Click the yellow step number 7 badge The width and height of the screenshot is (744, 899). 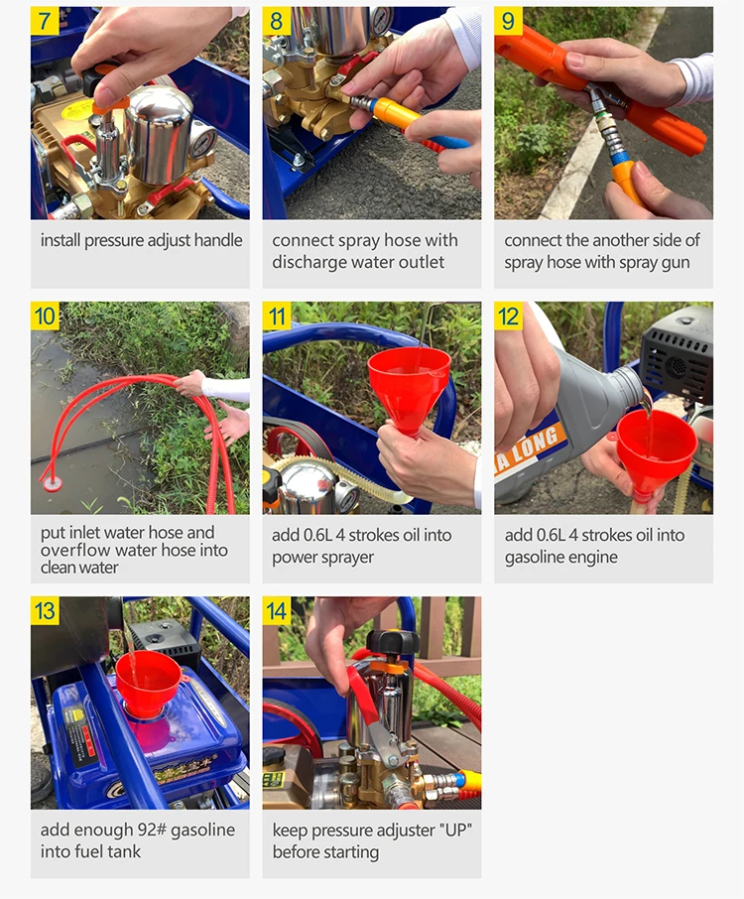pos(45,21)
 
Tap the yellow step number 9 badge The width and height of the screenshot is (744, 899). pos(509,21)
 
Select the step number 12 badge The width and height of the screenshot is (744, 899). pos(509,316)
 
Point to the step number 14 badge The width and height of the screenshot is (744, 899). pos(277,610)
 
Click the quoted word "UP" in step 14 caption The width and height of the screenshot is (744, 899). pos(456,830)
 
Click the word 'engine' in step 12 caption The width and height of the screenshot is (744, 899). pos(589,558)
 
